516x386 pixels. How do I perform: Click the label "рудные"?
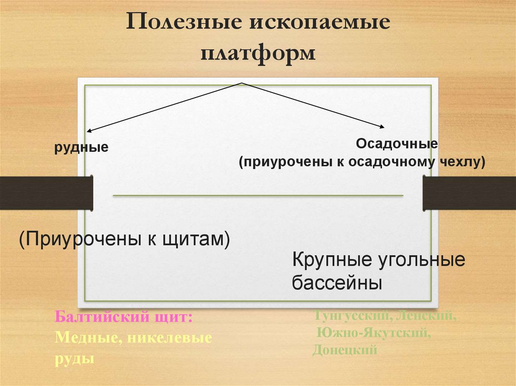82,148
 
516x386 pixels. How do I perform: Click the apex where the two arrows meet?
242,83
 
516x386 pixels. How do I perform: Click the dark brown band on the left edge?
45,193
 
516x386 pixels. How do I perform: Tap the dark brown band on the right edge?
469,193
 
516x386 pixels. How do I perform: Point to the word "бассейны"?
336,283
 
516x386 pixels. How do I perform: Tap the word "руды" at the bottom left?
75,358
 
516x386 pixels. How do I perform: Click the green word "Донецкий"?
345,349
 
